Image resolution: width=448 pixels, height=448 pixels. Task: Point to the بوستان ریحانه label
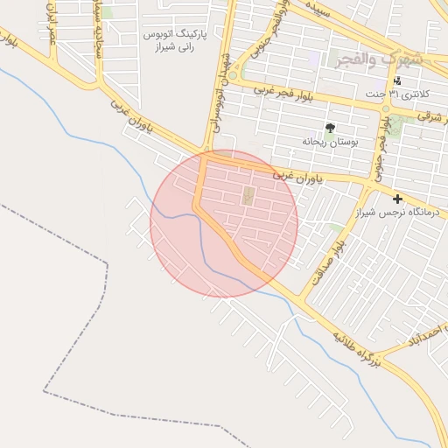point(326,140)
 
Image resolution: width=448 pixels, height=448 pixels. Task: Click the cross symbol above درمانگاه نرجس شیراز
point(398,199)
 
